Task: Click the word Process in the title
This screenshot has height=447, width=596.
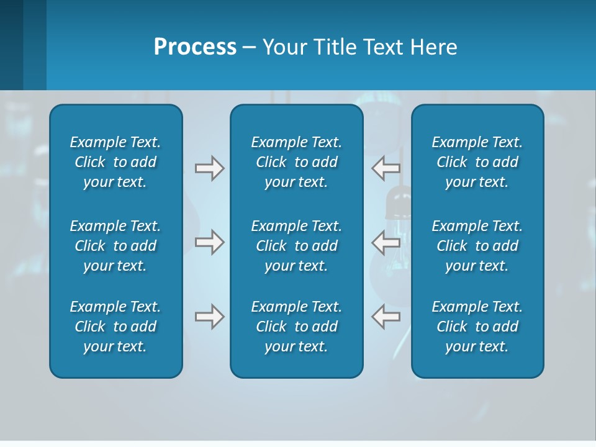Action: [195, 47]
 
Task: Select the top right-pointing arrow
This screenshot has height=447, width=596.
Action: [209, 168]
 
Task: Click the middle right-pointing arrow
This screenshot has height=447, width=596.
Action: [209, 242]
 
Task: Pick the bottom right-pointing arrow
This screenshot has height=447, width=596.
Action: [209, 317]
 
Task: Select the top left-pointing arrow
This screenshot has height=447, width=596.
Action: [386, 168]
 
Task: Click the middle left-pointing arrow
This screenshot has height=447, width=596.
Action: [386, 242]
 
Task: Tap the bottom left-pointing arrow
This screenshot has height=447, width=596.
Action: [386, 317]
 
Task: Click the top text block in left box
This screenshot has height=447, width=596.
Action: [115, 162]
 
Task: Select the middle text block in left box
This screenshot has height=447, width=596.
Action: [115, 246]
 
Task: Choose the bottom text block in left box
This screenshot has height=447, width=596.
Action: [115, 327]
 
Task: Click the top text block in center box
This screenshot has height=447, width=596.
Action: [296, 162]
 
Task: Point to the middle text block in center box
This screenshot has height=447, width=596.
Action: [296, 246]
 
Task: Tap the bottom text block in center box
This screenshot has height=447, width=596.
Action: [296, 327]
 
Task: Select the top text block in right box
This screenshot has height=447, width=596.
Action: [477, 162]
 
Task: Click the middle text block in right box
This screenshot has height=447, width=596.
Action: [477, 246]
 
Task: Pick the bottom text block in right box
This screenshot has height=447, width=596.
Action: [477, 327]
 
